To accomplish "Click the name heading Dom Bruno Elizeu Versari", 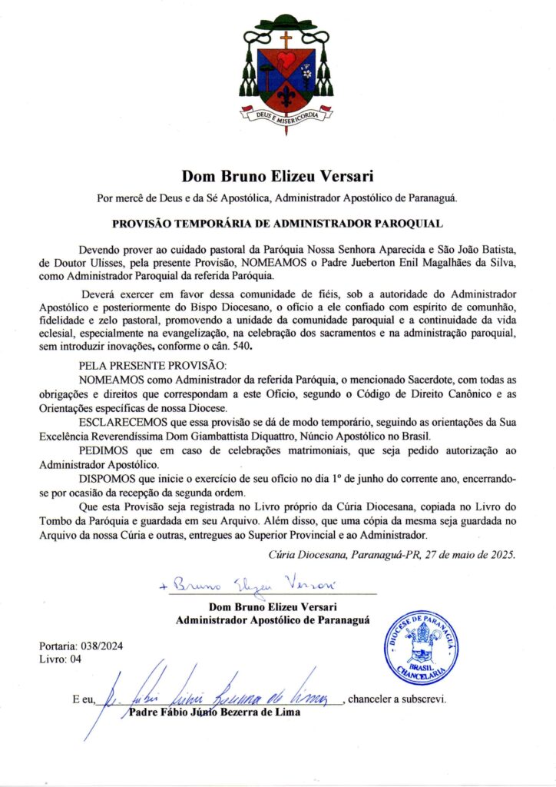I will [277, 176].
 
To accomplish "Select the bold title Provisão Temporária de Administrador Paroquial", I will [277, 224].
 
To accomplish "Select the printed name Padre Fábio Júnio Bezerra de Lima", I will [214, 712].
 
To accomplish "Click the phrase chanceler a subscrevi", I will [396, 699].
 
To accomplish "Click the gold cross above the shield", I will [286, 38].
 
